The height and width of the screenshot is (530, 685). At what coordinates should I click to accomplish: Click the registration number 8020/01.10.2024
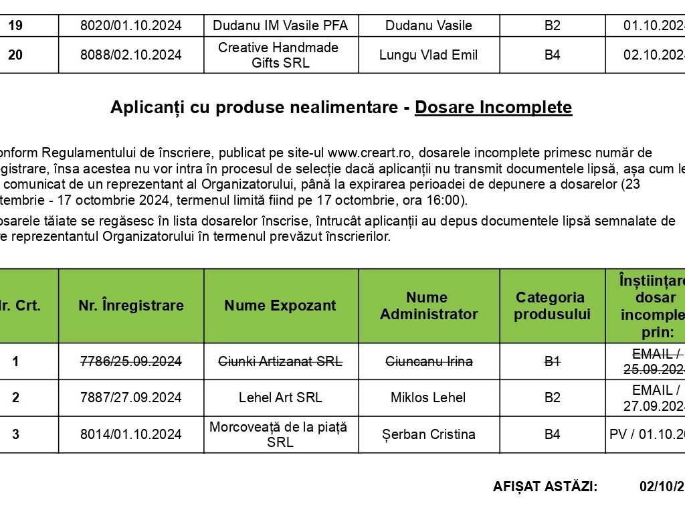point(130,26)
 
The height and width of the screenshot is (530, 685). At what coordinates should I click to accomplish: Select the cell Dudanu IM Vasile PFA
point(281,26)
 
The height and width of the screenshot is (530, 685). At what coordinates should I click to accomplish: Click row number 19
point(15,26)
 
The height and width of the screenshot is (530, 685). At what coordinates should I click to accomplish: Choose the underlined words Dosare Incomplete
point(493,108)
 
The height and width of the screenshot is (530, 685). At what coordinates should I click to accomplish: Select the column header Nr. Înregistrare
point(130,306)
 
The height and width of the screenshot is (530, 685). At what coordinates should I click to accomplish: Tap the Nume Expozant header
point(280,306)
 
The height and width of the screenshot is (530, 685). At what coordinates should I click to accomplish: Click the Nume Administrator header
point(428,306)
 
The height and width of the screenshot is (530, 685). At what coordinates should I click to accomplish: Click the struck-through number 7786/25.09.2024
point(130,361)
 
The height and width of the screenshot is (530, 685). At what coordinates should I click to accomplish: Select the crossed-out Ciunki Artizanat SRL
point(281,361)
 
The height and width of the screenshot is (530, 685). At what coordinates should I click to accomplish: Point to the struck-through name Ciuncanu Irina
point(428,361)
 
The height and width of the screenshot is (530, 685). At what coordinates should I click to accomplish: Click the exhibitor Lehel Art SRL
point(280,397)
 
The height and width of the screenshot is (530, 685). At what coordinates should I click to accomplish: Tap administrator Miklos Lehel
point(428,397)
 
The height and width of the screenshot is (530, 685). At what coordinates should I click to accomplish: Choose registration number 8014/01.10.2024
point(130,434)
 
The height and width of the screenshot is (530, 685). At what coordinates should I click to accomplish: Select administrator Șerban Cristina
point(428,434)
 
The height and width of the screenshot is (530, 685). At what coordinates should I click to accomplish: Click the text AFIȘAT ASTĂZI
point(545,487)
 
